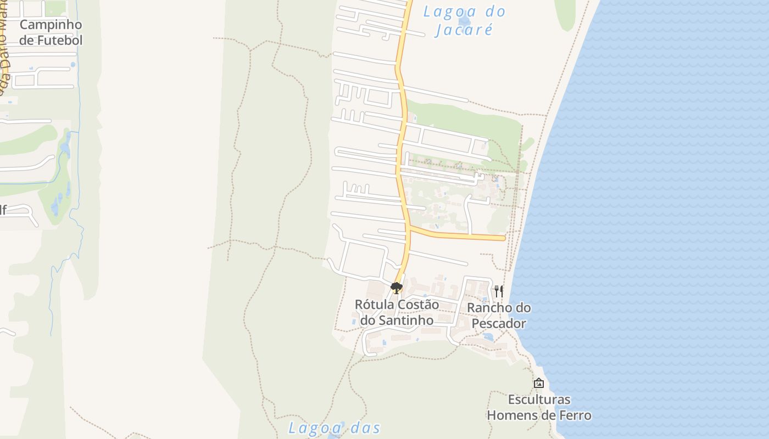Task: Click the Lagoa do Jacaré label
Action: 464,20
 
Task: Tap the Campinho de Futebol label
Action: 51,32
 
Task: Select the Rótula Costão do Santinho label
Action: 397,312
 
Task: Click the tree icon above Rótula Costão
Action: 396,288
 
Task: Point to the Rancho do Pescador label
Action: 499,316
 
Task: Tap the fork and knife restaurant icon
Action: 499,291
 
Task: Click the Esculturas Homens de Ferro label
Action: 539,407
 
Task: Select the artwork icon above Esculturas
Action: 539,383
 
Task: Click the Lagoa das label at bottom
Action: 335,428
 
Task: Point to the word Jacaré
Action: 464,29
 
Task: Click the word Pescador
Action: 499,324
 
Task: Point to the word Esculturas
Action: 539,399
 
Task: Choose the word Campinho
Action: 51,25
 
